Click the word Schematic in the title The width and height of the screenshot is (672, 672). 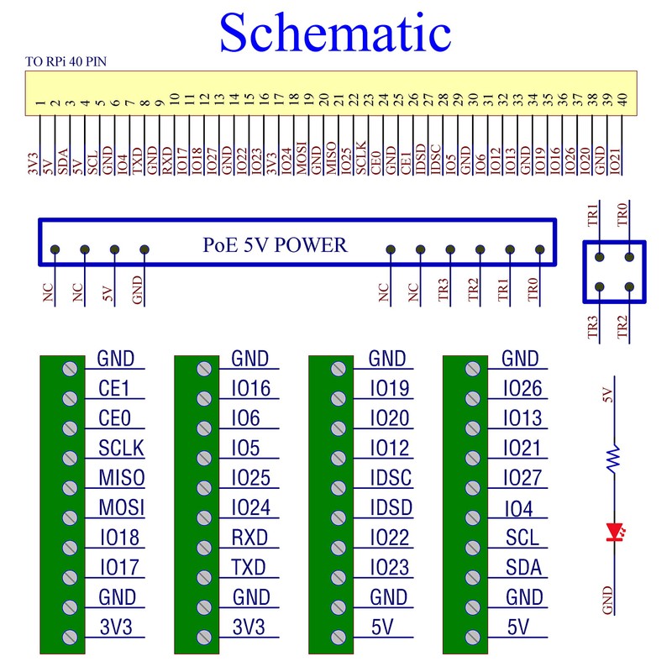point(335,34)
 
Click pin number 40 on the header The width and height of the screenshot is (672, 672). point(622,99)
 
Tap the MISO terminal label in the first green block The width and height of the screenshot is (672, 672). point(121,478)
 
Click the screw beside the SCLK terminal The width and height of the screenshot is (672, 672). point(71,459)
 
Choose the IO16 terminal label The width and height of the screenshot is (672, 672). point(250,388)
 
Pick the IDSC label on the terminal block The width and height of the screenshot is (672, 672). point(391,478)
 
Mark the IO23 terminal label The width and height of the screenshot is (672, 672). point(388,568)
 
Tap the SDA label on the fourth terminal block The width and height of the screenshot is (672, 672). point(522,568)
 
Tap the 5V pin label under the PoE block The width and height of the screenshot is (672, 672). point(108,293)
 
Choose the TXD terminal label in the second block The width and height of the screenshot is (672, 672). point(248,568)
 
